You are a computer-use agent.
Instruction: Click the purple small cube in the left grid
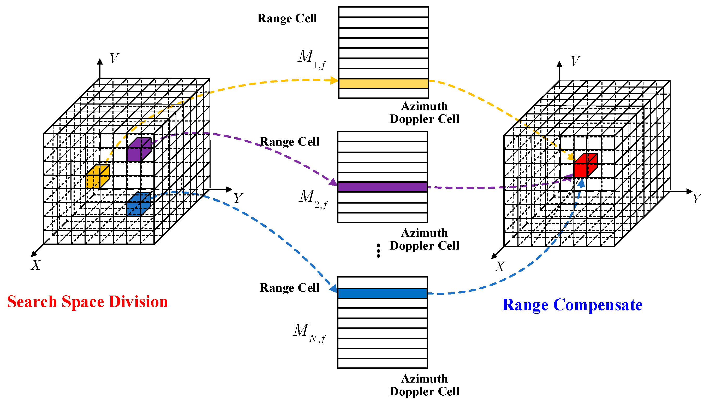tap(138, 150)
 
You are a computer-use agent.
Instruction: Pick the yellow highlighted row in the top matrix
tap(383, 84)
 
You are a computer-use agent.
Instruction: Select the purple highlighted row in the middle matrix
tap(382, 187)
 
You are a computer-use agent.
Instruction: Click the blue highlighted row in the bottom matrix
tap(382, 293)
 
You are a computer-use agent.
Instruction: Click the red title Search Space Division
tap(87, 302)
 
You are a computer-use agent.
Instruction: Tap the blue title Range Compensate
tap(572, 305)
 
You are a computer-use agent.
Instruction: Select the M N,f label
tap(309, 332)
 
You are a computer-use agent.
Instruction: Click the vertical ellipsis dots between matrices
tap(378, 250)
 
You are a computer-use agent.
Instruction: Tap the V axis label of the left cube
tap(114, 58)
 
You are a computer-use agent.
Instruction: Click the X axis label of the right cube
tap(500, 267)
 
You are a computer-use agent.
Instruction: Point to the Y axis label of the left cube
tap(238, 198)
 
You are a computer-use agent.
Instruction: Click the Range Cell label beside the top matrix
tap(287, 18)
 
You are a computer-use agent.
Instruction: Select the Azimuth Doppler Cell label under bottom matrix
tap(424, 385)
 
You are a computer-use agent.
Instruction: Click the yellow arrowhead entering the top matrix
tap(334, 80)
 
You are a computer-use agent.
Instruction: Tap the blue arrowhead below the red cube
tap(581, 183)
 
